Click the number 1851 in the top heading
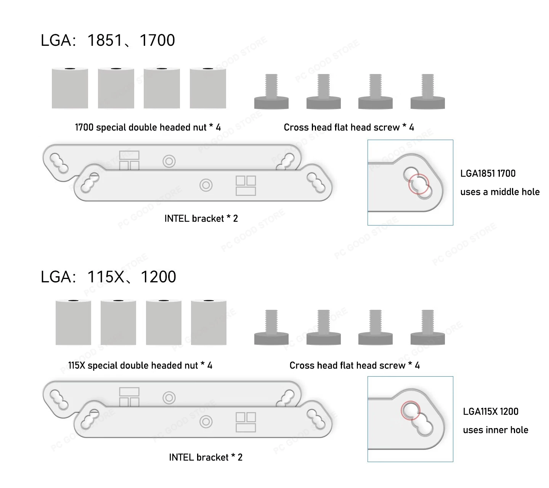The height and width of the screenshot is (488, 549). (105, 40)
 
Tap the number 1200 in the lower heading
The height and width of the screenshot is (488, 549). (158, 277)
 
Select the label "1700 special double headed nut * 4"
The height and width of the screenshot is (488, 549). (148, 127)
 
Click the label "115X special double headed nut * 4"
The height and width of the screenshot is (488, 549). (140, 366)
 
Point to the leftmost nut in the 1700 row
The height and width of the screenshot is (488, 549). (70, 88)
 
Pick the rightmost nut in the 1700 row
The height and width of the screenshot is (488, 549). (208, 88)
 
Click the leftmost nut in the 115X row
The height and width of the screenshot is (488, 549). (73, 322)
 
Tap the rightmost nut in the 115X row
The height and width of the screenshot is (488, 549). (209, 322)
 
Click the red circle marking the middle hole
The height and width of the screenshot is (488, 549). (419, 184)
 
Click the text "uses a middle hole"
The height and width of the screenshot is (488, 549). (500, 192)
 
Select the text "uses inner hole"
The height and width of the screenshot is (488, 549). (495, 430)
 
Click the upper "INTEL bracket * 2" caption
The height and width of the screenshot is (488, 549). (201, 219)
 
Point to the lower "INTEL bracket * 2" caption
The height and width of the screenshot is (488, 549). (205, 457)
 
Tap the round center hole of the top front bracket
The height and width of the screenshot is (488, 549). (206, 185)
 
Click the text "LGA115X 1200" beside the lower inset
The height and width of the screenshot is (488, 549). (490, 412)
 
